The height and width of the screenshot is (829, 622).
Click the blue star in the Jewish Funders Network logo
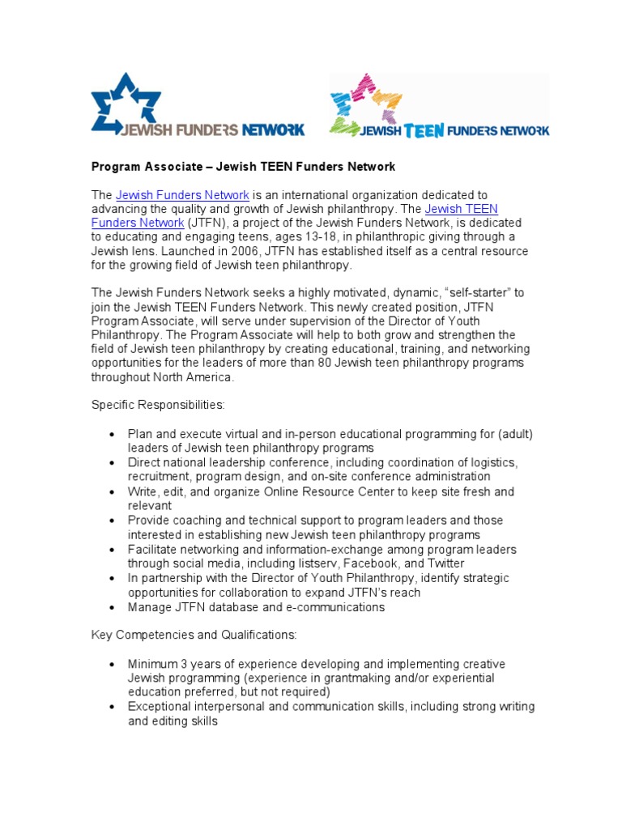pos(126,101)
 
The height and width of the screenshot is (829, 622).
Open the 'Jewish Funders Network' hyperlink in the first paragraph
pos(182,195)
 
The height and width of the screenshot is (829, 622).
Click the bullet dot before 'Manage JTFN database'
pos(113,607)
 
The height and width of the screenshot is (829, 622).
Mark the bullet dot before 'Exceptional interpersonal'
pos(113,708)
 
